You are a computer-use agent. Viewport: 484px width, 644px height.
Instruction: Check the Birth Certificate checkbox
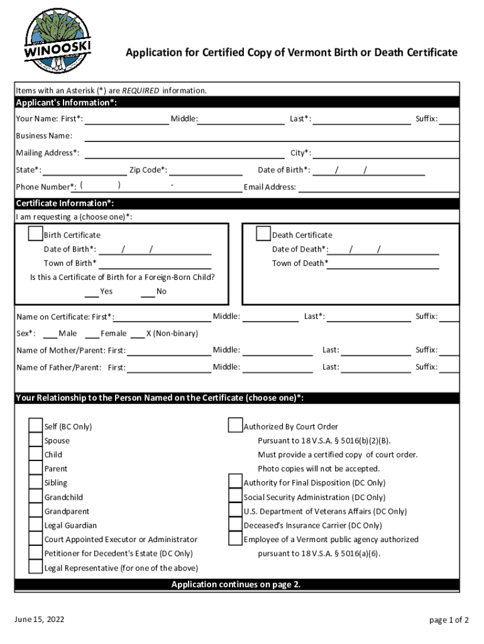[36, 234]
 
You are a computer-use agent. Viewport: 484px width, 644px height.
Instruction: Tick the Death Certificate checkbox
[263, 234]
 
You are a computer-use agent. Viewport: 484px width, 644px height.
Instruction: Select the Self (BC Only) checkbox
[36, 426]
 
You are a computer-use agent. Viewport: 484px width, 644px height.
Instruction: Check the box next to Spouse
[36, 440]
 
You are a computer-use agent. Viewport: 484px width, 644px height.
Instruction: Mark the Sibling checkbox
[36, 482]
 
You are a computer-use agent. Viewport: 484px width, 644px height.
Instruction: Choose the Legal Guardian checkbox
[36, 525]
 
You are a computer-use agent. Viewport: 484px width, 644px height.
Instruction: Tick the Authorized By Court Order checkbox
[236, 426]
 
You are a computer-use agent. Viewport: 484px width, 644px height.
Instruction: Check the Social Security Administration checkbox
[236, 497]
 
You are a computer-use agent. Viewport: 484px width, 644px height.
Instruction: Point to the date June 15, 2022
[39, 619]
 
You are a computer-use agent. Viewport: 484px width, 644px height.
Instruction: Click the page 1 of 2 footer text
[449, 620]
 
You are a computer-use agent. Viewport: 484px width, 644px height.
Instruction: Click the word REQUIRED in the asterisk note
[140, 91]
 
